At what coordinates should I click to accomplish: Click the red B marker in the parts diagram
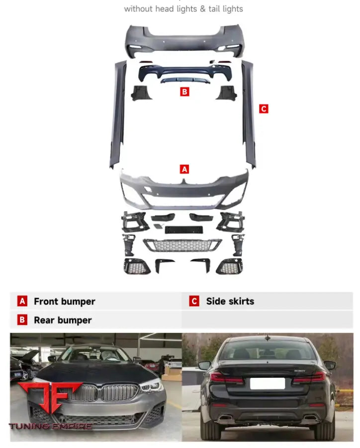coord(184,92)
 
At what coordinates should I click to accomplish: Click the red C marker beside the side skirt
coord(264,109)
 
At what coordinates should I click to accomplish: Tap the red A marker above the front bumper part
coord(184,169)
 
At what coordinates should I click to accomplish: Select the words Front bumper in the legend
coord(65,302)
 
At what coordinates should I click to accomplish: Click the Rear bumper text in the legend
coord(63,320)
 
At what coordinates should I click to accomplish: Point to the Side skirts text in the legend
coord(230,301)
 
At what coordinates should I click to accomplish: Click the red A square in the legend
coord(22,301)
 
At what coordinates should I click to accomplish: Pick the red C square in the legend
coord(194,301)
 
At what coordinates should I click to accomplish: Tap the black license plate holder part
coord(184,229)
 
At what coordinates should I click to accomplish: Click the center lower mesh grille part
coord(182,245)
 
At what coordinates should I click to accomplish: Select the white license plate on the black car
coord(268,383)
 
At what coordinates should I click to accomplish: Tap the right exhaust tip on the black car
coord(310,418)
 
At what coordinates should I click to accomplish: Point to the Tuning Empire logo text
coord(50,426)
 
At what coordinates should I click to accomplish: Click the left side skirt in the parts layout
coord(118,114)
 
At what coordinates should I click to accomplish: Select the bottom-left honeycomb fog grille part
coord(137,266)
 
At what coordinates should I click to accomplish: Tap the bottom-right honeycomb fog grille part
coord(229,266)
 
